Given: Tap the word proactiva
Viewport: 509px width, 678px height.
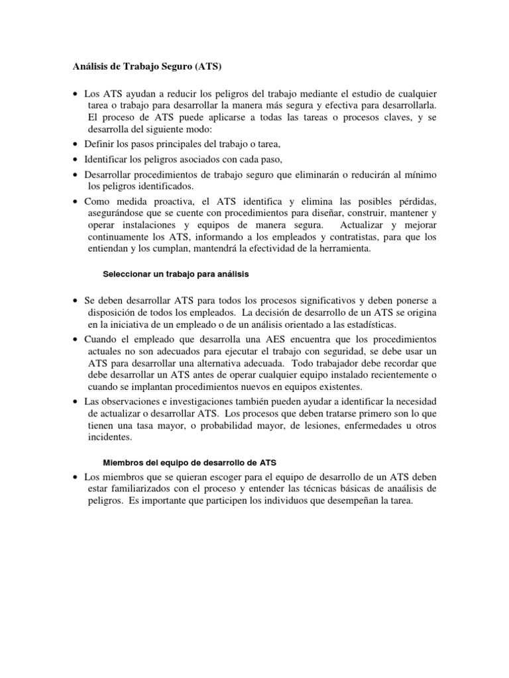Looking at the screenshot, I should tap(175, 201).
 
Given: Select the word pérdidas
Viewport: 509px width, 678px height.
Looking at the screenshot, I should tap(415, 201).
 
